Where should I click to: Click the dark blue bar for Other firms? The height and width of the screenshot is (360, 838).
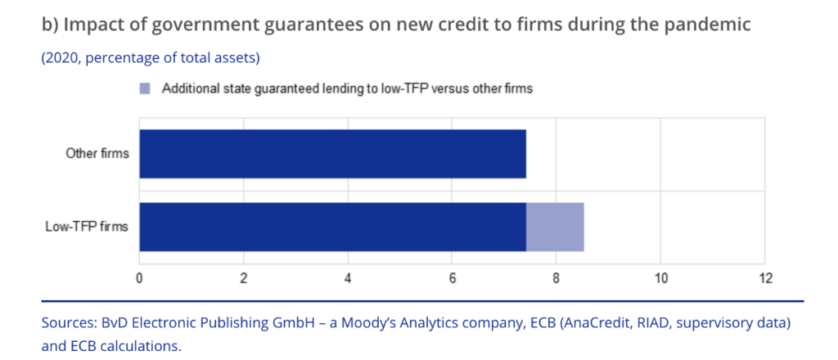(x=332, y=153)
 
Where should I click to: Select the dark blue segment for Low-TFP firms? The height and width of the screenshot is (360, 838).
(x=332, y=227)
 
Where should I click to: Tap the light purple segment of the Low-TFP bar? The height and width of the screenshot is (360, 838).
(x=555, y=227)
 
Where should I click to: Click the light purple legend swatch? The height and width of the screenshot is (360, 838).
(x=146, y=88)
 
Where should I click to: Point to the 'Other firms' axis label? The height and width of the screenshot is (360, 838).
(x=97, y=153)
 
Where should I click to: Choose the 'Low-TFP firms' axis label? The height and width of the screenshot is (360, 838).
(x=86, y=227)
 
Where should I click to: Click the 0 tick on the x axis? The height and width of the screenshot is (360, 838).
(x=140, y=278)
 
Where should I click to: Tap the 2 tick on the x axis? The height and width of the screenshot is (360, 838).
(x=244, y=278)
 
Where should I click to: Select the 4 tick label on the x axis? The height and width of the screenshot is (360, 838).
(x=348, y=278)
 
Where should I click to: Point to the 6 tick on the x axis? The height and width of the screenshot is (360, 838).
(x=453, y=278)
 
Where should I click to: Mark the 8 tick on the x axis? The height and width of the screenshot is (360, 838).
(x=556, y=278)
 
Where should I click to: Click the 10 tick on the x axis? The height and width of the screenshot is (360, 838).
(x=660, y=278)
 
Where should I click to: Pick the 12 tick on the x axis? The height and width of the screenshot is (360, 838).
(x=765, y=278)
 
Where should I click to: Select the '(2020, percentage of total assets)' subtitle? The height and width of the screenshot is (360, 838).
(x=151, y=58)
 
